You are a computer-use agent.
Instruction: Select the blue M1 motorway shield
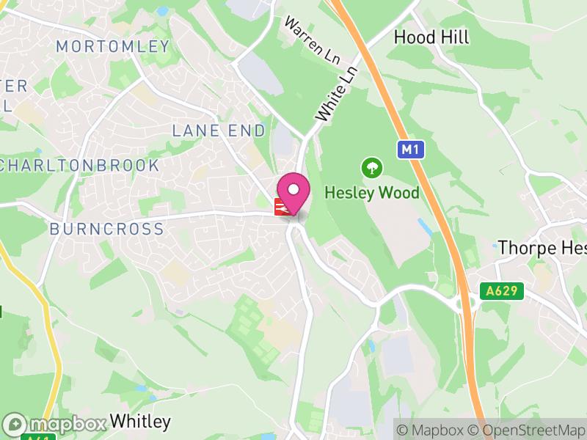[x=411, y=150]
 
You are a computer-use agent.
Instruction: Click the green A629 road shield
[x=503, y=291]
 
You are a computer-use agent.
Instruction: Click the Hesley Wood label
[x=372, y=193]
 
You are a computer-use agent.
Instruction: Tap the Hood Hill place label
[x=431, y=37]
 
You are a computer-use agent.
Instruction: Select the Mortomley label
[x=113, y=47]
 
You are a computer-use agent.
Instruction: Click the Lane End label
[x=219, y=131]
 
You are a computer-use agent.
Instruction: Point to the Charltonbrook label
[x=80, y=165]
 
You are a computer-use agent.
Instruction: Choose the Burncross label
[x=107, y=229]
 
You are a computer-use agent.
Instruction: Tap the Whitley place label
[x=140, y=422]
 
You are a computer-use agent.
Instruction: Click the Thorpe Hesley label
[x=542, y=248]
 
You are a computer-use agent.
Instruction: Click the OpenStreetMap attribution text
[x=529, y=430]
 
